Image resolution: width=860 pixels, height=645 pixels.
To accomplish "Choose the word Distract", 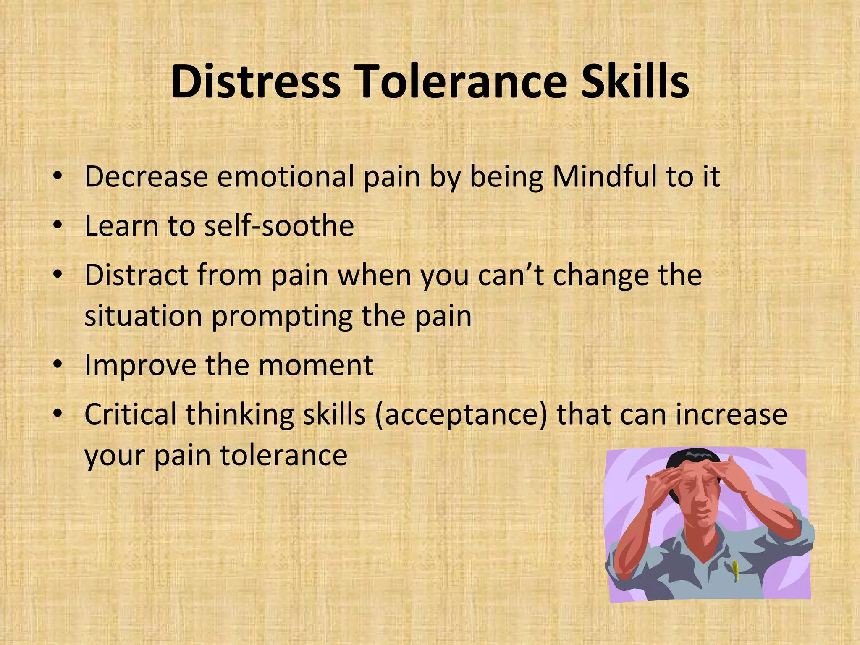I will [x=136, y=275].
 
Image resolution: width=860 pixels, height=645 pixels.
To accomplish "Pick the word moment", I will [x=316, y=365].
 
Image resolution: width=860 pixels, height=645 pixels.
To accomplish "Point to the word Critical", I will [x=130, y=414].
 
